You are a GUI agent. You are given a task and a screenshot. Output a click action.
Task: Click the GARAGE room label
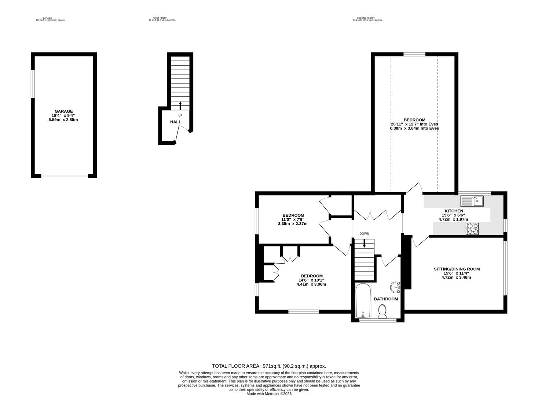pos(63,111)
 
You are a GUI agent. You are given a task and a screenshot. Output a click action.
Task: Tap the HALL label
pos(175,122)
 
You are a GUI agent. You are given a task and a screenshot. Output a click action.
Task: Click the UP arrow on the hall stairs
pos(180,106)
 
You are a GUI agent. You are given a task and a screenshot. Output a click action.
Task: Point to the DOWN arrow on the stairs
pos(364,243)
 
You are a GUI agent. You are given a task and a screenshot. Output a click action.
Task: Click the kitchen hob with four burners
pos(472,229)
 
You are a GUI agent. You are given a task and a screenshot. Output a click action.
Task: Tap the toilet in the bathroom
pos(382,312)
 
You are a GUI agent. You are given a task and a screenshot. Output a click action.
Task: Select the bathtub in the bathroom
pos(363,300)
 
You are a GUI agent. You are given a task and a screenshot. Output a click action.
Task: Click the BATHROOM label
pos(386,299)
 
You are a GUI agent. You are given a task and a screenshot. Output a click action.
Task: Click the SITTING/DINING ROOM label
pos(457,269)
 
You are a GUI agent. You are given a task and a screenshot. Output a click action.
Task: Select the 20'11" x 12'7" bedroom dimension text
pos(414,124)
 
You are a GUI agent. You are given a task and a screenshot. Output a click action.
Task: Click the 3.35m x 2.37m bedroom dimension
pos(293,224)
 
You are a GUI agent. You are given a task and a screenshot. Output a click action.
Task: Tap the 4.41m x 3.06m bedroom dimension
pos(311,284)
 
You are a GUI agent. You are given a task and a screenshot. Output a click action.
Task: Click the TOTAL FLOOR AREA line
pos(269,366)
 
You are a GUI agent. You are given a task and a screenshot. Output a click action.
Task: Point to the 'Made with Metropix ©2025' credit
pos(269,394)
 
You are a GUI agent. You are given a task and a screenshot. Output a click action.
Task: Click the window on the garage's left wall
pos(32,84)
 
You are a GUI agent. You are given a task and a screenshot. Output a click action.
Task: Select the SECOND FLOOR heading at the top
pos(365,18)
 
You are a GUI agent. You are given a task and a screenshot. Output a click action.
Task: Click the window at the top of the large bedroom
pos(414,54)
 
